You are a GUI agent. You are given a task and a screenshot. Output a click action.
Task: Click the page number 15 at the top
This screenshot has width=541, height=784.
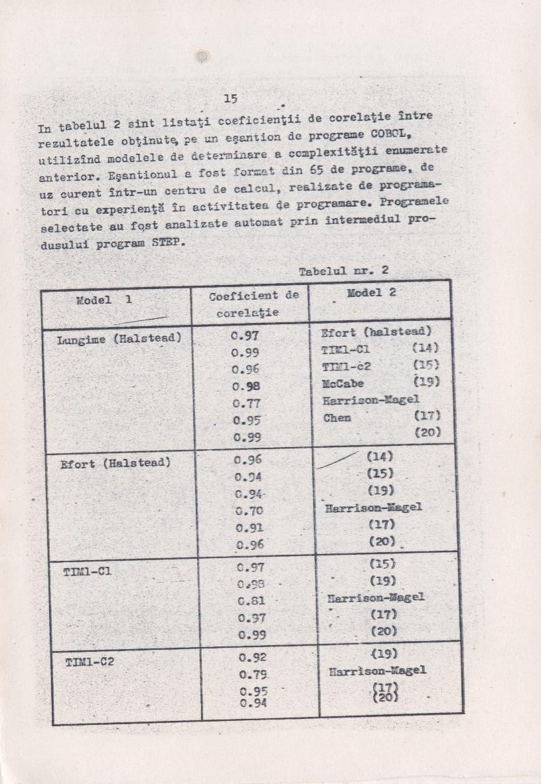[x=230, y=99]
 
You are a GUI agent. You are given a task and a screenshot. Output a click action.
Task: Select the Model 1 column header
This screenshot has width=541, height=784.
[x=104, y=300]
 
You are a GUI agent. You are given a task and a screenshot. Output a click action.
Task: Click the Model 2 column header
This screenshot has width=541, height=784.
[x=372, y=293]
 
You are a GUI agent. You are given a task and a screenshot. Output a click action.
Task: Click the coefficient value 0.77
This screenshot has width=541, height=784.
[x=246, y=403]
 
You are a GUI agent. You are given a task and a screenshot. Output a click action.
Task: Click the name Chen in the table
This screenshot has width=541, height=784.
[x=337, y=418]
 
